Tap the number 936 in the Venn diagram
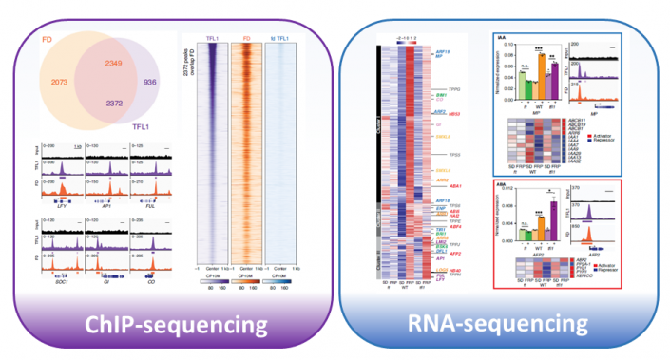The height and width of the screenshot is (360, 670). click(149, 83)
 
